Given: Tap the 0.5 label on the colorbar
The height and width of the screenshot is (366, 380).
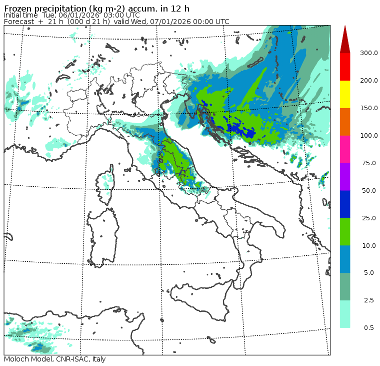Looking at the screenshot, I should tap(368, 328).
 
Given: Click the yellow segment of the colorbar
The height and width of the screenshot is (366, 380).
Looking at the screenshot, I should tap(345, 94).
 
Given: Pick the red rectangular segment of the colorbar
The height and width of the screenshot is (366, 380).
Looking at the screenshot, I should tap(345, 67).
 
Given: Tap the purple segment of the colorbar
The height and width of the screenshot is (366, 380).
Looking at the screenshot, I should tap(345, 177).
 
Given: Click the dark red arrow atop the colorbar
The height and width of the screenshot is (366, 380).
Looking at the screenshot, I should tap(345, 40).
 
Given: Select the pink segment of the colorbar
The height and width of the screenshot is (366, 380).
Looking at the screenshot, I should tap(345, 149).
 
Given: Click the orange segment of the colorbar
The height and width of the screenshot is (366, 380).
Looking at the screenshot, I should tap(345, 122).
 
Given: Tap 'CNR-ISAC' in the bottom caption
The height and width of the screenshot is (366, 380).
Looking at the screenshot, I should tap(69, 359).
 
